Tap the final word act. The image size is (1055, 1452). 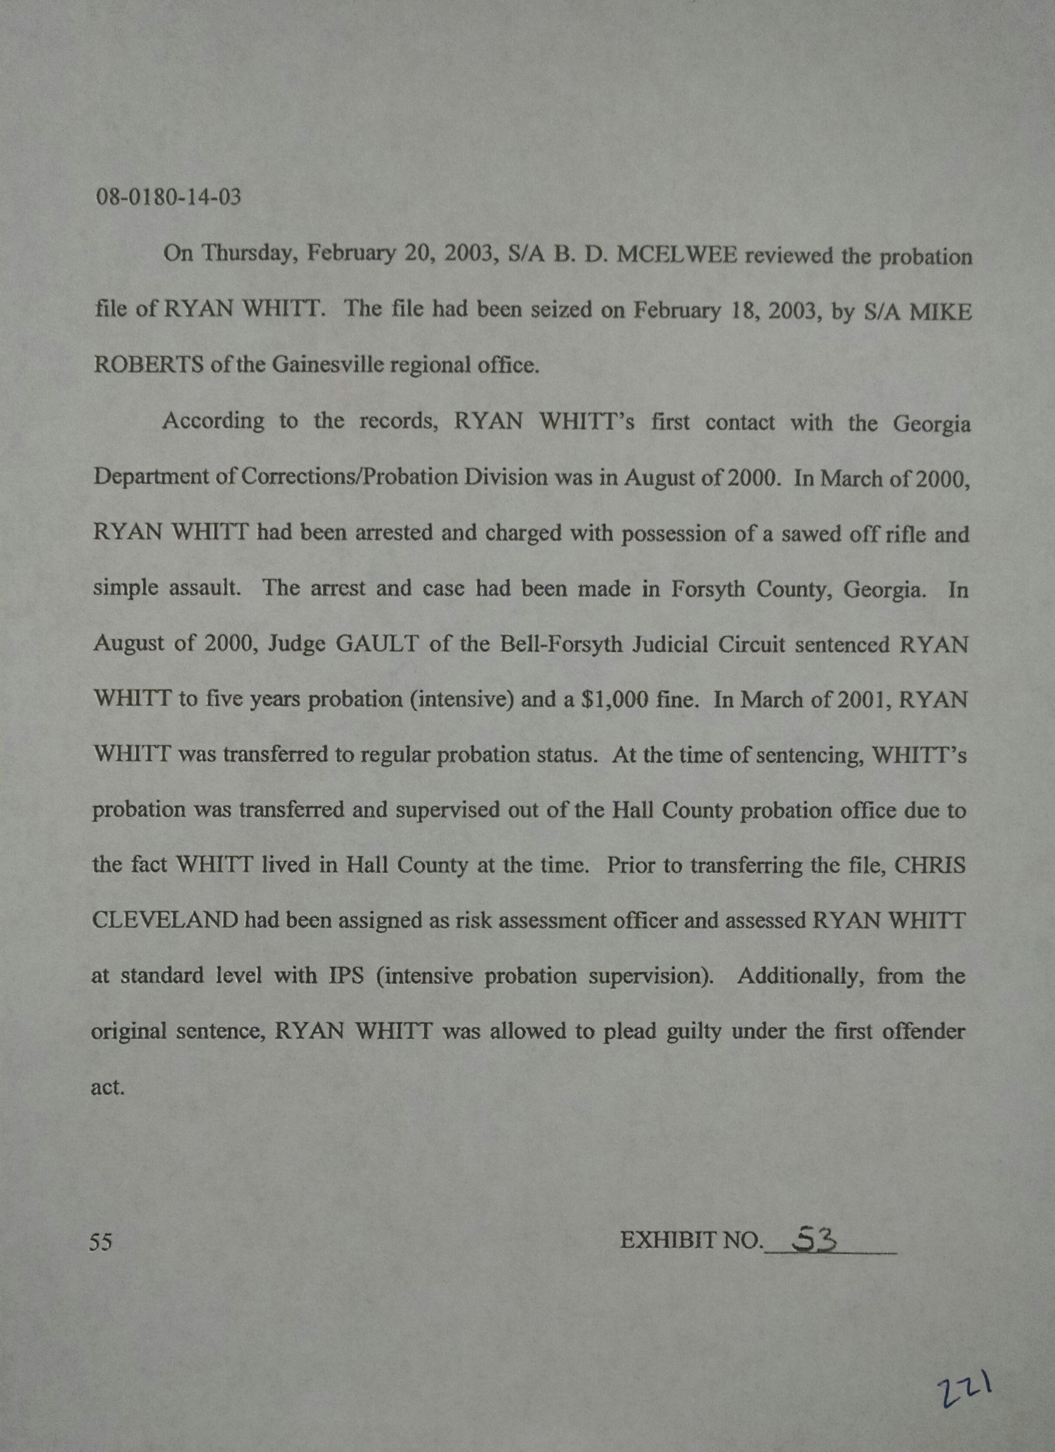tap(107, 1087)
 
